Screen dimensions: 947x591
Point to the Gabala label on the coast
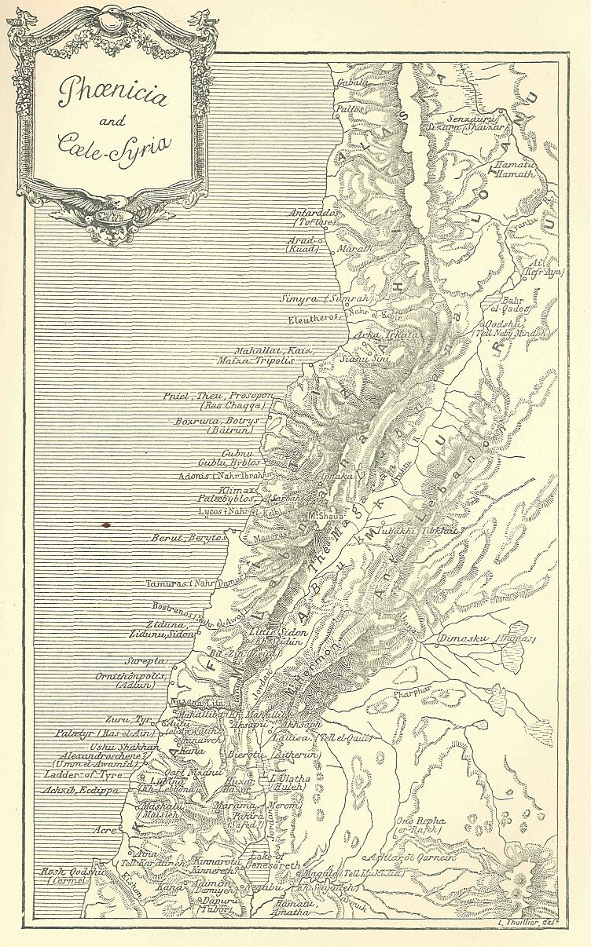[353, 82]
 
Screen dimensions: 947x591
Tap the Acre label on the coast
[108, 829]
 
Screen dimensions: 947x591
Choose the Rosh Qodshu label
[73, 871]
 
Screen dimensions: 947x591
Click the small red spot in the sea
[105, 523]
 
